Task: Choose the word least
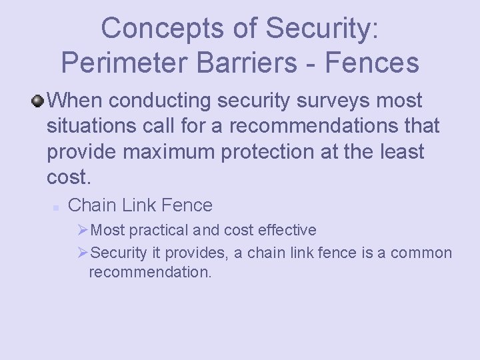pos(398,151)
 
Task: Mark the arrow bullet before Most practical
pos(83,231)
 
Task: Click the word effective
pos(287,231)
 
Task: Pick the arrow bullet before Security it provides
pos(83,253)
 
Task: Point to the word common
pos(421,253)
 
